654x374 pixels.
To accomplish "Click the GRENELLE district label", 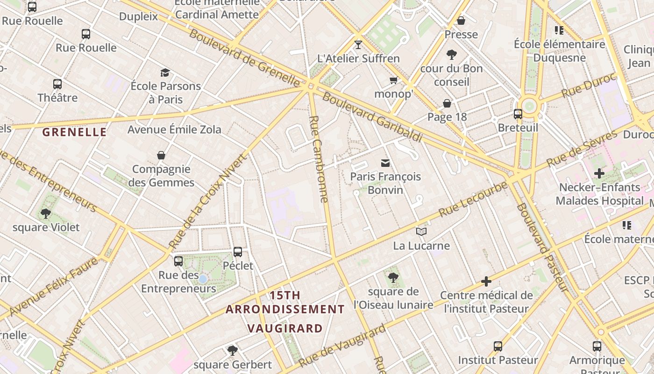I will coord(75,132).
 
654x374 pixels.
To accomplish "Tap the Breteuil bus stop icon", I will coord(518,114).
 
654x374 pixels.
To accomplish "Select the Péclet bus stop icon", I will coord(238,252).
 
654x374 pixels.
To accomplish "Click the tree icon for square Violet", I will coord(46,214).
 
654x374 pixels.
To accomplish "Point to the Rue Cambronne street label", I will coord(319,159).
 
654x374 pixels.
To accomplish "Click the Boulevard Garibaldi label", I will coord(372,117).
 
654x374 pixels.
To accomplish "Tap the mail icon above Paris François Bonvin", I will coord(385,163).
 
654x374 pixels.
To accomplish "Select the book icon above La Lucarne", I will coord(421,232).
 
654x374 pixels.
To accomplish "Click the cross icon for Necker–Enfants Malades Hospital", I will coord(599,174).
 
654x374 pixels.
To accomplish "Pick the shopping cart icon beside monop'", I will coord(394,80).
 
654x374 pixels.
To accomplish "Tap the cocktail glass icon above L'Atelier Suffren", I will coord(358,45).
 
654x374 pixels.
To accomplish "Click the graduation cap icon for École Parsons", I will coord(165,72).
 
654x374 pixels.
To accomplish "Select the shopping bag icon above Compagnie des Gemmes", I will coord(161,155).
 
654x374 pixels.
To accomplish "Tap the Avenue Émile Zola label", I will coord(174,129).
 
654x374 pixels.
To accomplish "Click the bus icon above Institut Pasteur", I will coord(498,346).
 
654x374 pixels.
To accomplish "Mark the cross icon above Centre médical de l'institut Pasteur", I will coord(486,281).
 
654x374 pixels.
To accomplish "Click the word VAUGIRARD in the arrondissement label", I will coord(285,328).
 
